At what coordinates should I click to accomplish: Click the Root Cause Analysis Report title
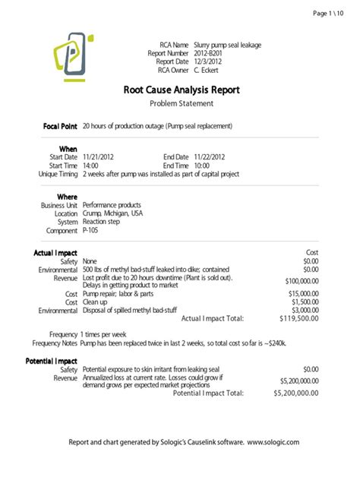[x=180, y=89]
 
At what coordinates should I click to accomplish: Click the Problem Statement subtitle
[x=180, y=103]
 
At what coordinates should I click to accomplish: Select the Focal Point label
[x=56, y=125]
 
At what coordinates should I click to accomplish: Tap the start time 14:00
[x=90, y=165]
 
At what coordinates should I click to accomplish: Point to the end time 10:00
[x=202, y=165]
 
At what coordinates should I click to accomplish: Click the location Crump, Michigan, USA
[x=112, y=214]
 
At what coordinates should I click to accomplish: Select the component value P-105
[x=90, y=230]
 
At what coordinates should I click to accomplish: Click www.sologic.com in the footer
[x=273, y=442]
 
